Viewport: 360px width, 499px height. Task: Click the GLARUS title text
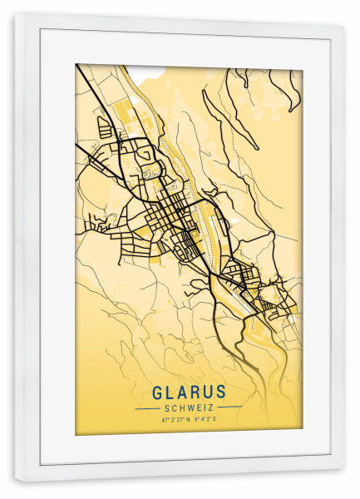189,392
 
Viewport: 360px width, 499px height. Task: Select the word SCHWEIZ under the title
189,408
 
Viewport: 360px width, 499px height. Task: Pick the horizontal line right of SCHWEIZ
229,408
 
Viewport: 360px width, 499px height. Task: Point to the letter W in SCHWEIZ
188,408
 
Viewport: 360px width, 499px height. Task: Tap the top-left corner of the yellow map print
76,65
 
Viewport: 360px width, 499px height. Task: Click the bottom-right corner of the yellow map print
302,434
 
